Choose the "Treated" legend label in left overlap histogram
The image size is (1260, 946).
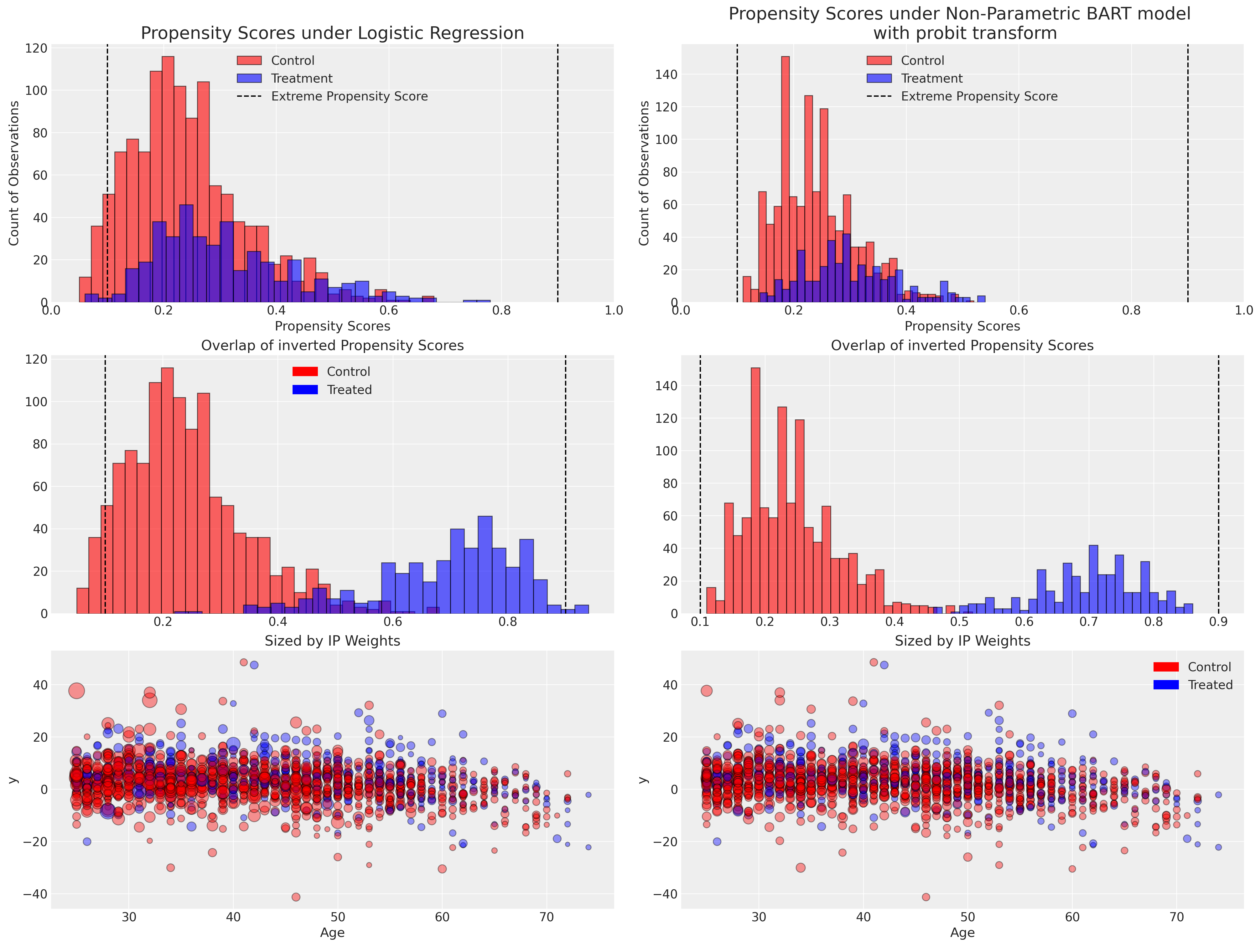pyautogui.click(x=349, y=390)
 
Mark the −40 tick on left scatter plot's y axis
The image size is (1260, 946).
pyautogui.click(x=35, y=894)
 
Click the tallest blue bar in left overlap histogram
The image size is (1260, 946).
pyautogui.click(x=485, y=565)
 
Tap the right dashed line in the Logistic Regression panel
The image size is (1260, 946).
pyautogui.click(x=558, y=171)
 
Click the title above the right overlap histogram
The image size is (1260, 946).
pyautogui.click(x=962, y=345)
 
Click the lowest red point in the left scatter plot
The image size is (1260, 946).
pyautogui.click(x=296, y=897)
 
